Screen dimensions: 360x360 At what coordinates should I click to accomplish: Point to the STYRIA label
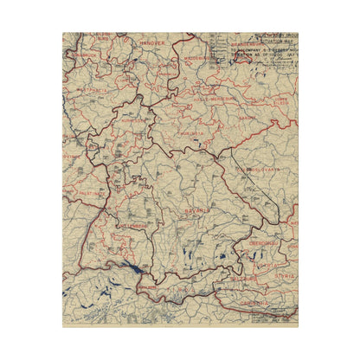coord(286,278)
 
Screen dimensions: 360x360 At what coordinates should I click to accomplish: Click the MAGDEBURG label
coord(200,61)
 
